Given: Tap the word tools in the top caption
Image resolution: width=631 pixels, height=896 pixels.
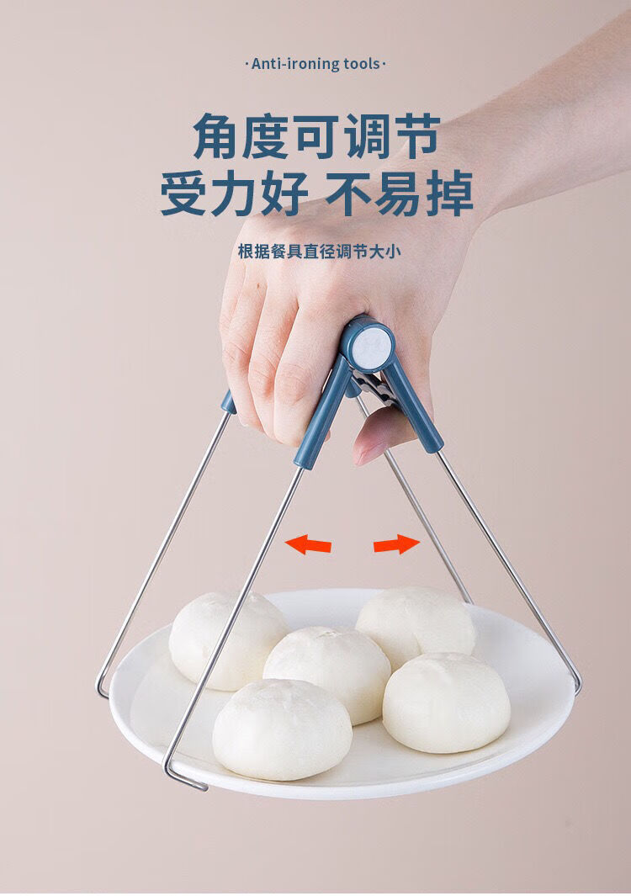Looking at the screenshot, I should (x=362, y=64).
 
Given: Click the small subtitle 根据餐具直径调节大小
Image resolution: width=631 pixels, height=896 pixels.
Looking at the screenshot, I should (x=315, y=252).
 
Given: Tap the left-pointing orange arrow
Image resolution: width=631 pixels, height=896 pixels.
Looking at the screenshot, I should (x=308, y=544).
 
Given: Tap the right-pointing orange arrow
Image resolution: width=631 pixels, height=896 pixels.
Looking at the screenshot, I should (x=396, y=544).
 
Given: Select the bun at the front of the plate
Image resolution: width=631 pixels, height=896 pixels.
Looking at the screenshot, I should (x=282, y=729).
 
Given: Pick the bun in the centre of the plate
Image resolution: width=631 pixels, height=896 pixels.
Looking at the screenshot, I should (x=326, y=673).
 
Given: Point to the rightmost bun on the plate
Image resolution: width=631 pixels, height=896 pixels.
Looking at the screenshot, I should (x=446, y=702).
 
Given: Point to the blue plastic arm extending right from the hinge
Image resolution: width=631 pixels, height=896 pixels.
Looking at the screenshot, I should (x=415, y=409).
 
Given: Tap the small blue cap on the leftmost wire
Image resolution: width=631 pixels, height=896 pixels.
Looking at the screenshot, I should (x=228, y=402).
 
